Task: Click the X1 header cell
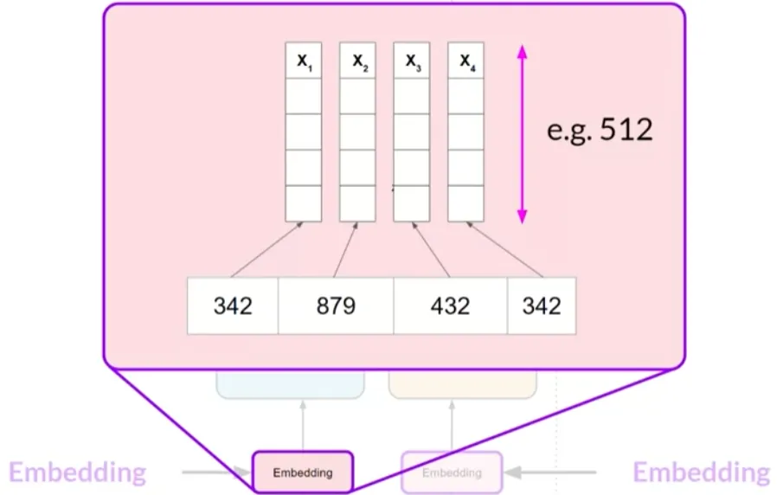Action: point(304,61)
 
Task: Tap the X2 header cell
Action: point(357,61)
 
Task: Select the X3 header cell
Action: point(412,61)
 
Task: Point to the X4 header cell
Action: point(465,61)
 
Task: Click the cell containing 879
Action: point(336,305)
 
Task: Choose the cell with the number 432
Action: point(450,305)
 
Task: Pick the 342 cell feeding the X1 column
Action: point(233,305)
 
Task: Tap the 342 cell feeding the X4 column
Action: point(542,305)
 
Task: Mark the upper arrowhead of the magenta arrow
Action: point(522,53)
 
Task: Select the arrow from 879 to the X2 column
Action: point(345,250)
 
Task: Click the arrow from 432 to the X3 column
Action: point(421,250)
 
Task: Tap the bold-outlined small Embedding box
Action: point(302,472)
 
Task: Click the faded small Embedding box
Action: point(452,472)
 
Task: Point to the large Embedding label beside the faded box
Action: point(701,472)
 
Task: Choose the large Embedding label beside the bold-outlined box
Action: point(78,472)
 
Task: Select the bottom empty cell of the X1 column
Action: point(304,202)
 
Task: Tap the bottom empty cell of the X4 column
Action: point(465,202)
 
